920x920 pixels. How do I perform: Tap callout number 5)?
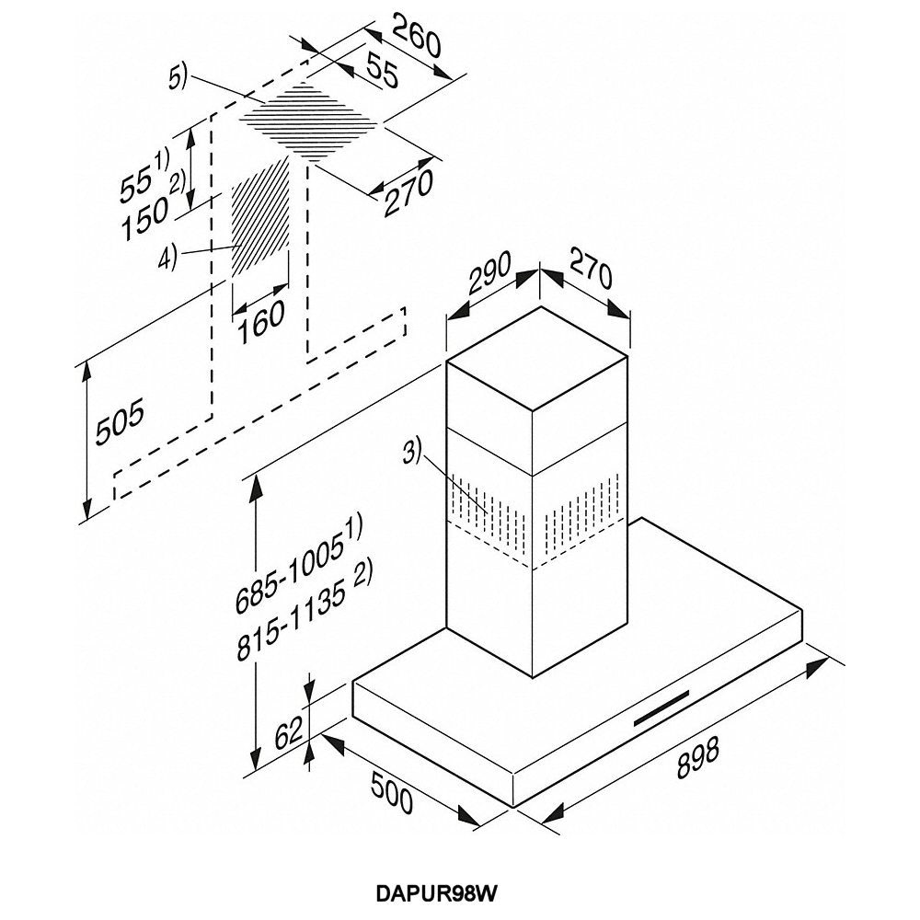click(x=178, y=78)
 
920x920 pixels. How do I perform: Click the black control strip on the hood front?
click(x=664, y=705)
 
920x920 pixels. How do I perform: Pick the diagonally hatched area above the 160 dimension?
click(x=259, y=217)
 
